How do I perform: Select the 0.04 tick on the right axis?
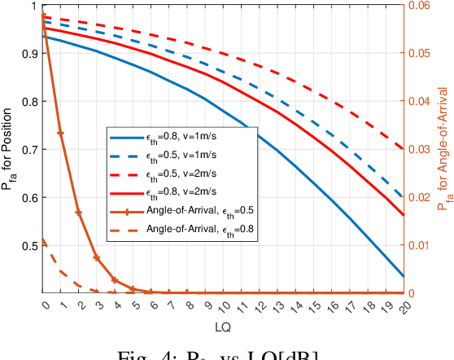pos(418,102)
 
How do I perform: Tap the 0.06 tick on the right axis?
pos(418,7)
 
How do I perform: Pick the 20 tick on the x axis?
pos(404,305)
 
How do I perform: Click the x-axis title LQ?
pos(224,326)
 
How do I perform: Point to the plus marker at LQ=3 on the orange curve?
pos(97,257)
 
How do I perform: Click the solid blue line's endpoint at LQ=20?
pos(404,275)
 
